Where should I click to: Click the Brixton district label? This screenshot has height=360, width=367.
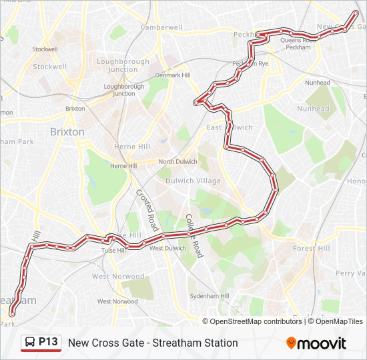(67, 132)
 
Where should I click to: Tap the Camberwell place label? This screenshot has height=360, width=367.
(161, 27)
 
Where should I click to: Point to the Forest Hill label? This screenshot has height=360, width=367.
(311, 248)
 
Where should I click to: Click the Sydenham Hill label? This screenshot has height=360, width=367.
(210, 296)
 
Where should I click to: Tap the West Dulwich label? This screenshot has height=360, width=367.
(167, 249)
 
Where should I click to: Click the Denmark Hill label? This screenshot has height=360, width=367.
(172, 75)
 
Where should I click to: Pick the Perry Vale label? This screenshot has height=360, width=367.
(350, 273)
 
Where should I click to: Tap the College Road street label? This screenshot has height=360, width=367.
(194, 235)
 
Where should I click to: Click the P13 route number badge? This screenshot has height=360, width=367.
(48, 342)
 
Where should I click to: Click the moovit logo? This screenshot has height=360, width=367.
(316, 343)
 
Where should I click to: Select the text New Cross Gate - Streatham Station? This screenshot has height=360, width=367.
(153, 343)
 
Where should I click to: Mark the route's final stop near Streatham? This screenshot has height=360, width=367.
(11, 313)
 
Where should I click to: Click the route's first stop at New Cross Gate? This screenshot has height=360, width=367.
(355, 12)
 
